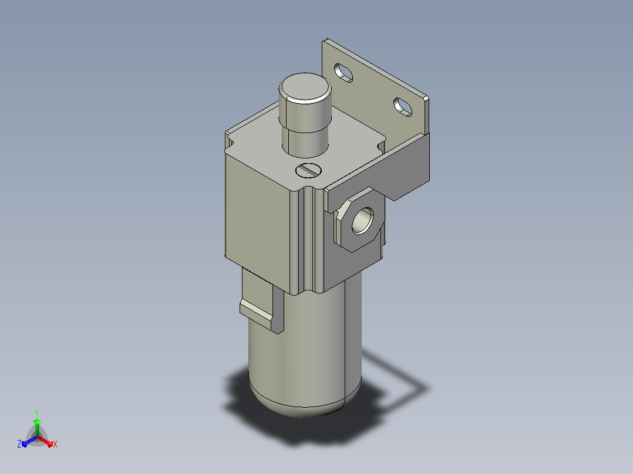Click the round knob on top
point(305,115)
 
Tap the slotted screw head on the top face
point(308,170)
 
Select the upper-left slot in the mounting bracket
point(344,73)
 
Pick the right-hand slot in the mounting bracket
point(403,107)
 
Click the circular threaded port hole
point(362,221)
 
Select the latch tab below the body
point(262,303)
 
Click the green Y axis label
point(37,413)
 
